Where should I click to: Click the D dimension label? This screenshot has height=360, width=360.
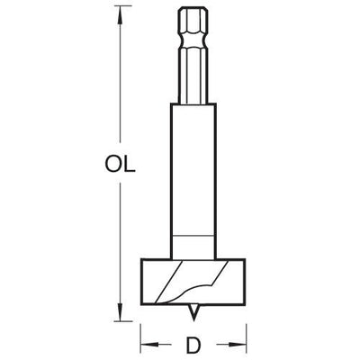coord(193,344)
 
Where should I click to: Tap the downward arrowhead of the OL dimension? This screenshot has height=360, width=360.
coord(121,311)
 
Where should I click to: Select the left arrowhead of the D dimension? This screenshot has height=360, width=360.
coord(149,345)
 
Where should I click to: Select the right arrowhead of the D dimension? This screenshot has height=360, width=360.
coord(237,345)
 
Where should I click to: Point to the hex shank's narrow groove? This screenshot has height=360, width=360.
coord(193,41)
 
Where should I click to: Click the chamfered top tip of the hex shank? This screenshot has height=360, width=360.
coord(193,10)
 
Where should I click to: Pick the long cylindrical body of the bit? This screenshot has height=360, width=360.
coord(193,181)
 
